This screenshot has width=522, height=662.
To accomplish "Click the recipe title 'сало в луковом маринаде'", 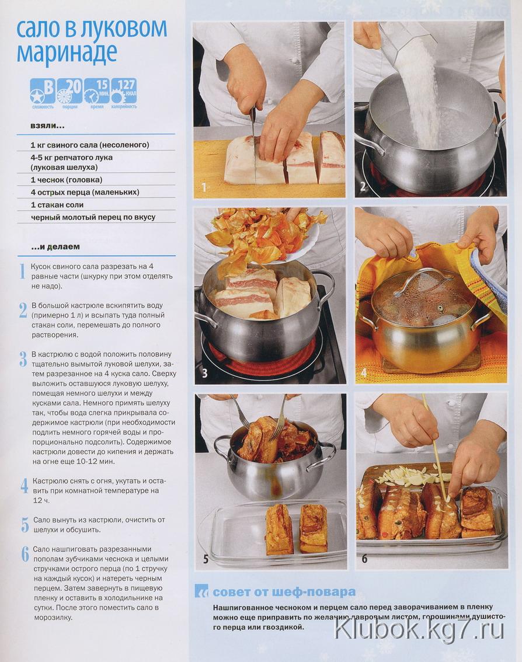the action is [x=92, y=40].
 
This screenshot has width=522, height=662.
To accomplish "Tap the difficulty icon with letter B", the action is [x=43, y=91].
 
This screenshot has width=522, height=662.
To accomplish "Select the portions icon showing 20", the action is [x=69, y=91].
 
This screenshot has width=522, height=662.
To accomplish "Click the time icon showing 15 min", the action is [x=97, y=91].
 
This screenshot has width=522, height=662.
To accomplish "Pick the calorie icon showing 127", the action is [x=124, y=91].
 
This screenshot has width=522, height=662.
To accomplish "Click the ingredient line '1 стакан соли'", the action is [x=57, y=205].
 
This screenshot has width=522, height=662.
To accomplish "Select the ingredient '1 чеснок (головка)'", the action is [x=67, y=180].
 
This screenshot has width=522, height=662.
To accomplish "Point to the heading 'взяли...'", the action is [x=47, y=126].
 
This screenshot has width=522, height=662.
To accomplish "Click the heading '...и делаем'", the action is [x=55, y=246].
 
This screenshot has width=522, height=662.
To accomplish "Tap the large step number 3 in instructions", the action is [x=23, y=358].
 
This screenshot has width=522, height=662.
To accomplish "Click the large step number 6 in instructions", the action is [x=25, y=554].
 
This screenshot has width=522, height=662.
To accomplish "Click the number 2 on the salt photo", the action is [x=363, y=186].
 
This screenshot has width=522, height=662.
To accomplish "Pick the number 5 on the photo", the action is [x=206, y=559].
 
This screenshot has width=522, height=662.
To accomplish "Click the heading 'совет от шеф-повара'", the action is [x=283, y=592].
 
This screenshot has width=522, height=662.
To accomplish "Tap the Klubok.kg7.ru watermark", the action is [x=419, y=630].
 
